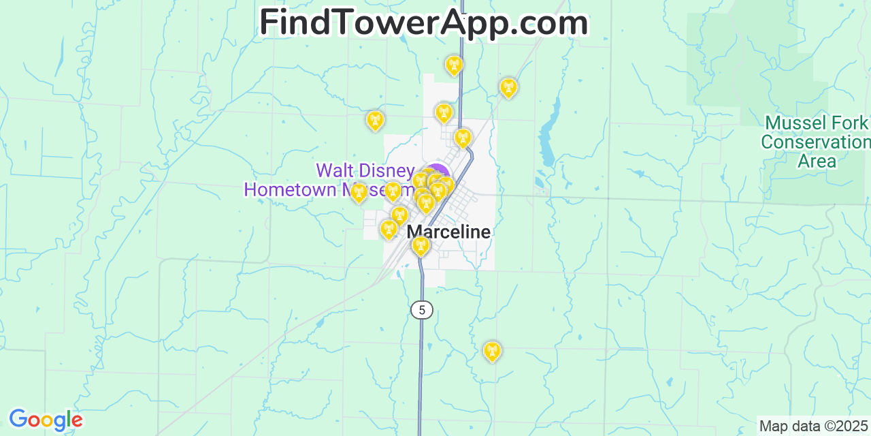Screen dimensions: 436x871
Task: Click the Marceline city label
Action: [x=448, y=232]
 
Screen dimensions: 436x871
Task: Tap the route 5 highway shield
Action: [x=422, y=310]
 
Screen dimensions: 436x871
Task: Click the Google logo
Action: [x=45, y=420]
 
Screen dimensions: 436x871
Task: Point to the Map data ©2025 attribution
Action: [x=814, y=426]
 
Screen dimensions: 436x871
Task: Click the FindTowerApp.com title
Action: [x=423, y=22]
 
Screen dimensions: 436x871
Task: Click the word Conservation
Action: [x=815, y=142]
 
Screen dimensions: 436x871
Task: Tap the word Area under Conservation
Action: [x=817, y=161]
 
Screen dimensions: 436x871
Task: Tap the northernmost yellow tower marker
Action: [x=454, y=65]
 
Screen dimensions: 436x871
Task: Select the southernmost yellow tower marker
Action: [x=491, y=351]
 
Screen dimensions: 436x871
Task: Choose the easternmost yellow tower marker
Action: [x=508, y=87]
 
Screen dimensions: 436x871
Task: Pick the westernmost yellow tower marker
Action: [x=359, y=193]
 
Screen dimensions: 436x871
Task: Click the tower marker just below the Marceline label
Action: [x=421, y=246]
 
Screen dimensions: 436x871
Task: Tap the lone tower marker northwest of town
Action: [x=374, y=121]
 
